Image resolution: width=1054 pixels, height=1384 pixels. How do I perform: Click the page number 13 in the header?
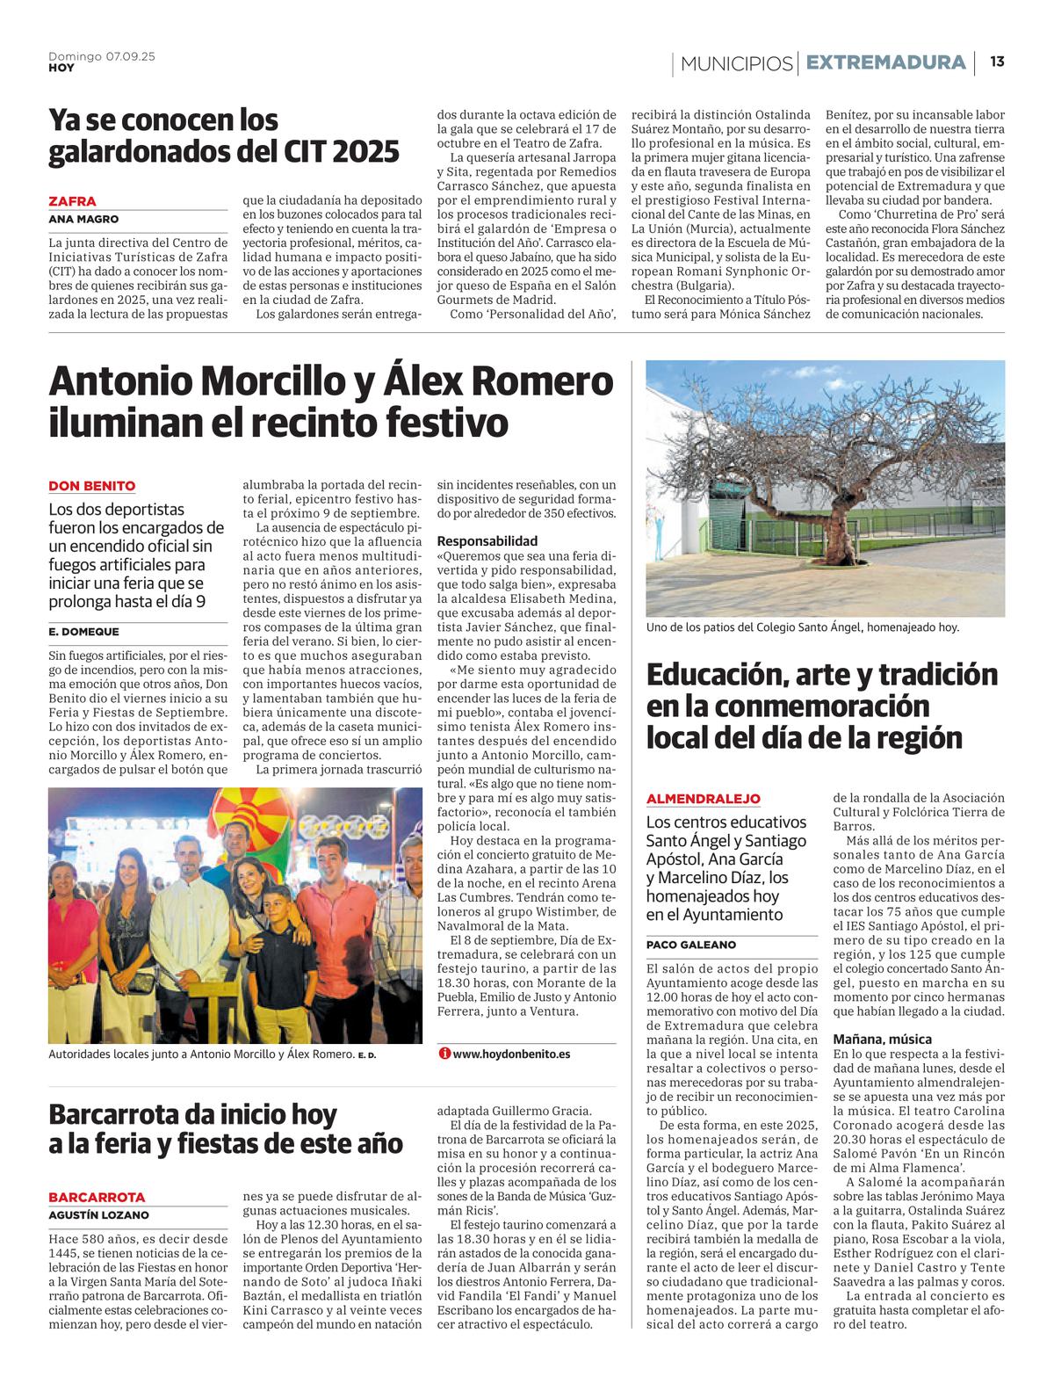pos(997,62)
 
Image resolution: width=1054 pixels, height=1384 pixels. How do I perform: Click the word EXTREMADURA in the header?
pos(885,62)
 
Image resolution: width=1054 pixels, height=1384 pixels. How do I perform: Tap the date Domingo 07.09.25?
pos(102,56)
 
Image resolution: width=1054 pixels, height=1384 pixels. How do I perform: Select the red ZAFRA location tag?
pos(73,201)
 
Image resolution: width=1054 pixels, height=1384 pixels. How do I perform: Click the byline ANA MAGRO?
pos(83,219)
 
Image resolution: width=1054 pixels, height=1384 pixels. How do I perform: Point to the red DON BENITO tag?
pos(92,486)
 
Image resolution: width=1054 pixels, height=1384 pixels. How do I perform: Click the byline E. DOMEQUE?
pos(84,632)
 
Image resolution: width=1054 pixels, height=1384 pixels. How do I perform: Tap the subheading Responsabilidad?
pos(487,541)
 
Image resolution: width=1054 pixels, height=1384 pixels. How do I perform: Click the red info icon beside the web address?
pos(444,1054)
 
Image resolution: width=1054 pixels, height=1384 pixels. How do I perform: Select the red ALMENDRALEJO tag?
pos(704,799)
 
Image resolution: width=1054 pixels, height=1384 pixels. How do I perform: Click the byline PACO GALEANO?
pos(691,945)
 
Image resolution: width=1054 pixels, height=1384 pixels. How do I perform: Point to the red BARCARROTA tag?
pos(97,1197)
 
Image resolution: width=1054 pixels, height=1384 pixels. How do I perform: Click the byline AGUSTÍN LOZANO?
pos(98,1215)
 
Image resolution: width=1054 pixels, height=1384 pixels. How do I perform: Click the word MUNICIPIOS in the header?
pos(736,63)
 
